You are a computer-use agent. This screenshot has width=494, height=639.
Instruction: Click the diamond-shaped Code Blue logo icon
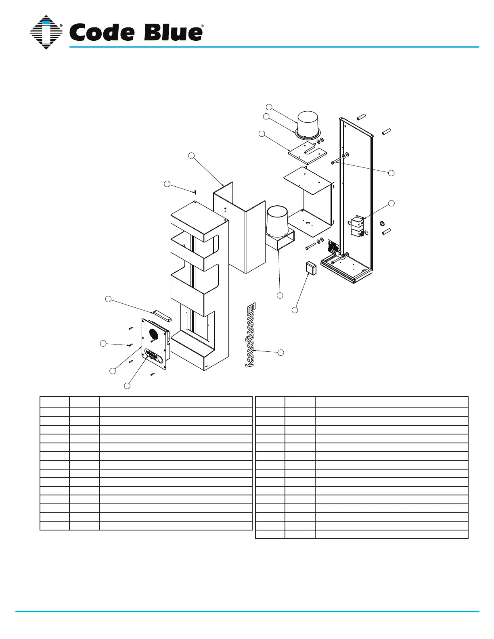[x=46, y=32]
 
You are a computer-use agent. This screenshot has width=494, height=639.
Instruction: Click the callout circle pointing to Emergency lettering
[x=281, y=353]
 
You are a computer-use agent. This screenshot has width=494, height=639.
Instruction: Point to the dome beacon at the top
[x=308, y=122]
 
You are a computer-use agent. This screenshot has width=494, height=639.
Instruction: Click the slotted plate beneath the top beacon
[x=307, y=152]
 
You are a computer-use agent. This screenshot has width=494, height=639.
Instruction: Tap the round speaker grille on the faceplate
[x=153, y=334]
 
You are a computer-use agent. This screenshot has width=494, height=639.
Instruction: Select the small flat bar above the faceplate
[x=162, y=315]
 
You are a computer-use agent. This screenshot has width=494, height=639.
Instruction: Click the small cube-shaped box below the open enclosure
[x=311, y=267]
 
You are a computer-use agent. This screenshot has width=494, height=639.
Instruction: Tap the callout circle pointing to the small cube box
[x=295, y=310]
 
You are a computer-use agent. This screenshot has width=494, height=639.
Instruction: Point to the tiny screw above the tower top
[x=195, y=192]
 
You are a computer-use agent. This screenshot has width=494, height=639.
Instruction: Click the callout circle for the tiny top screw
[x=167, y=184]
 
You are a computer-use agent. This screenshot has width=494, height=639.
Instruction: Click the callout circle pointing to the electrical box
[x=391, y=203]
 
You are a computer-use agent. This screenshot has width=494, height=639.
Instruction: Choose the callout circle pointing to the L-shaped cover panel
[x=192, y=155]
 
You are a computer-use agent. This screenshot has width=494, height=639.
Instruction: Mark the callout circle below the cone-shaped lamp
[x=280, y=296]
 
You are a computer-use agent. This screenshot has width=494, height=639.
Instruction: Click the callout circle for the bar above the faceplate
[x=108, y=299]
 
